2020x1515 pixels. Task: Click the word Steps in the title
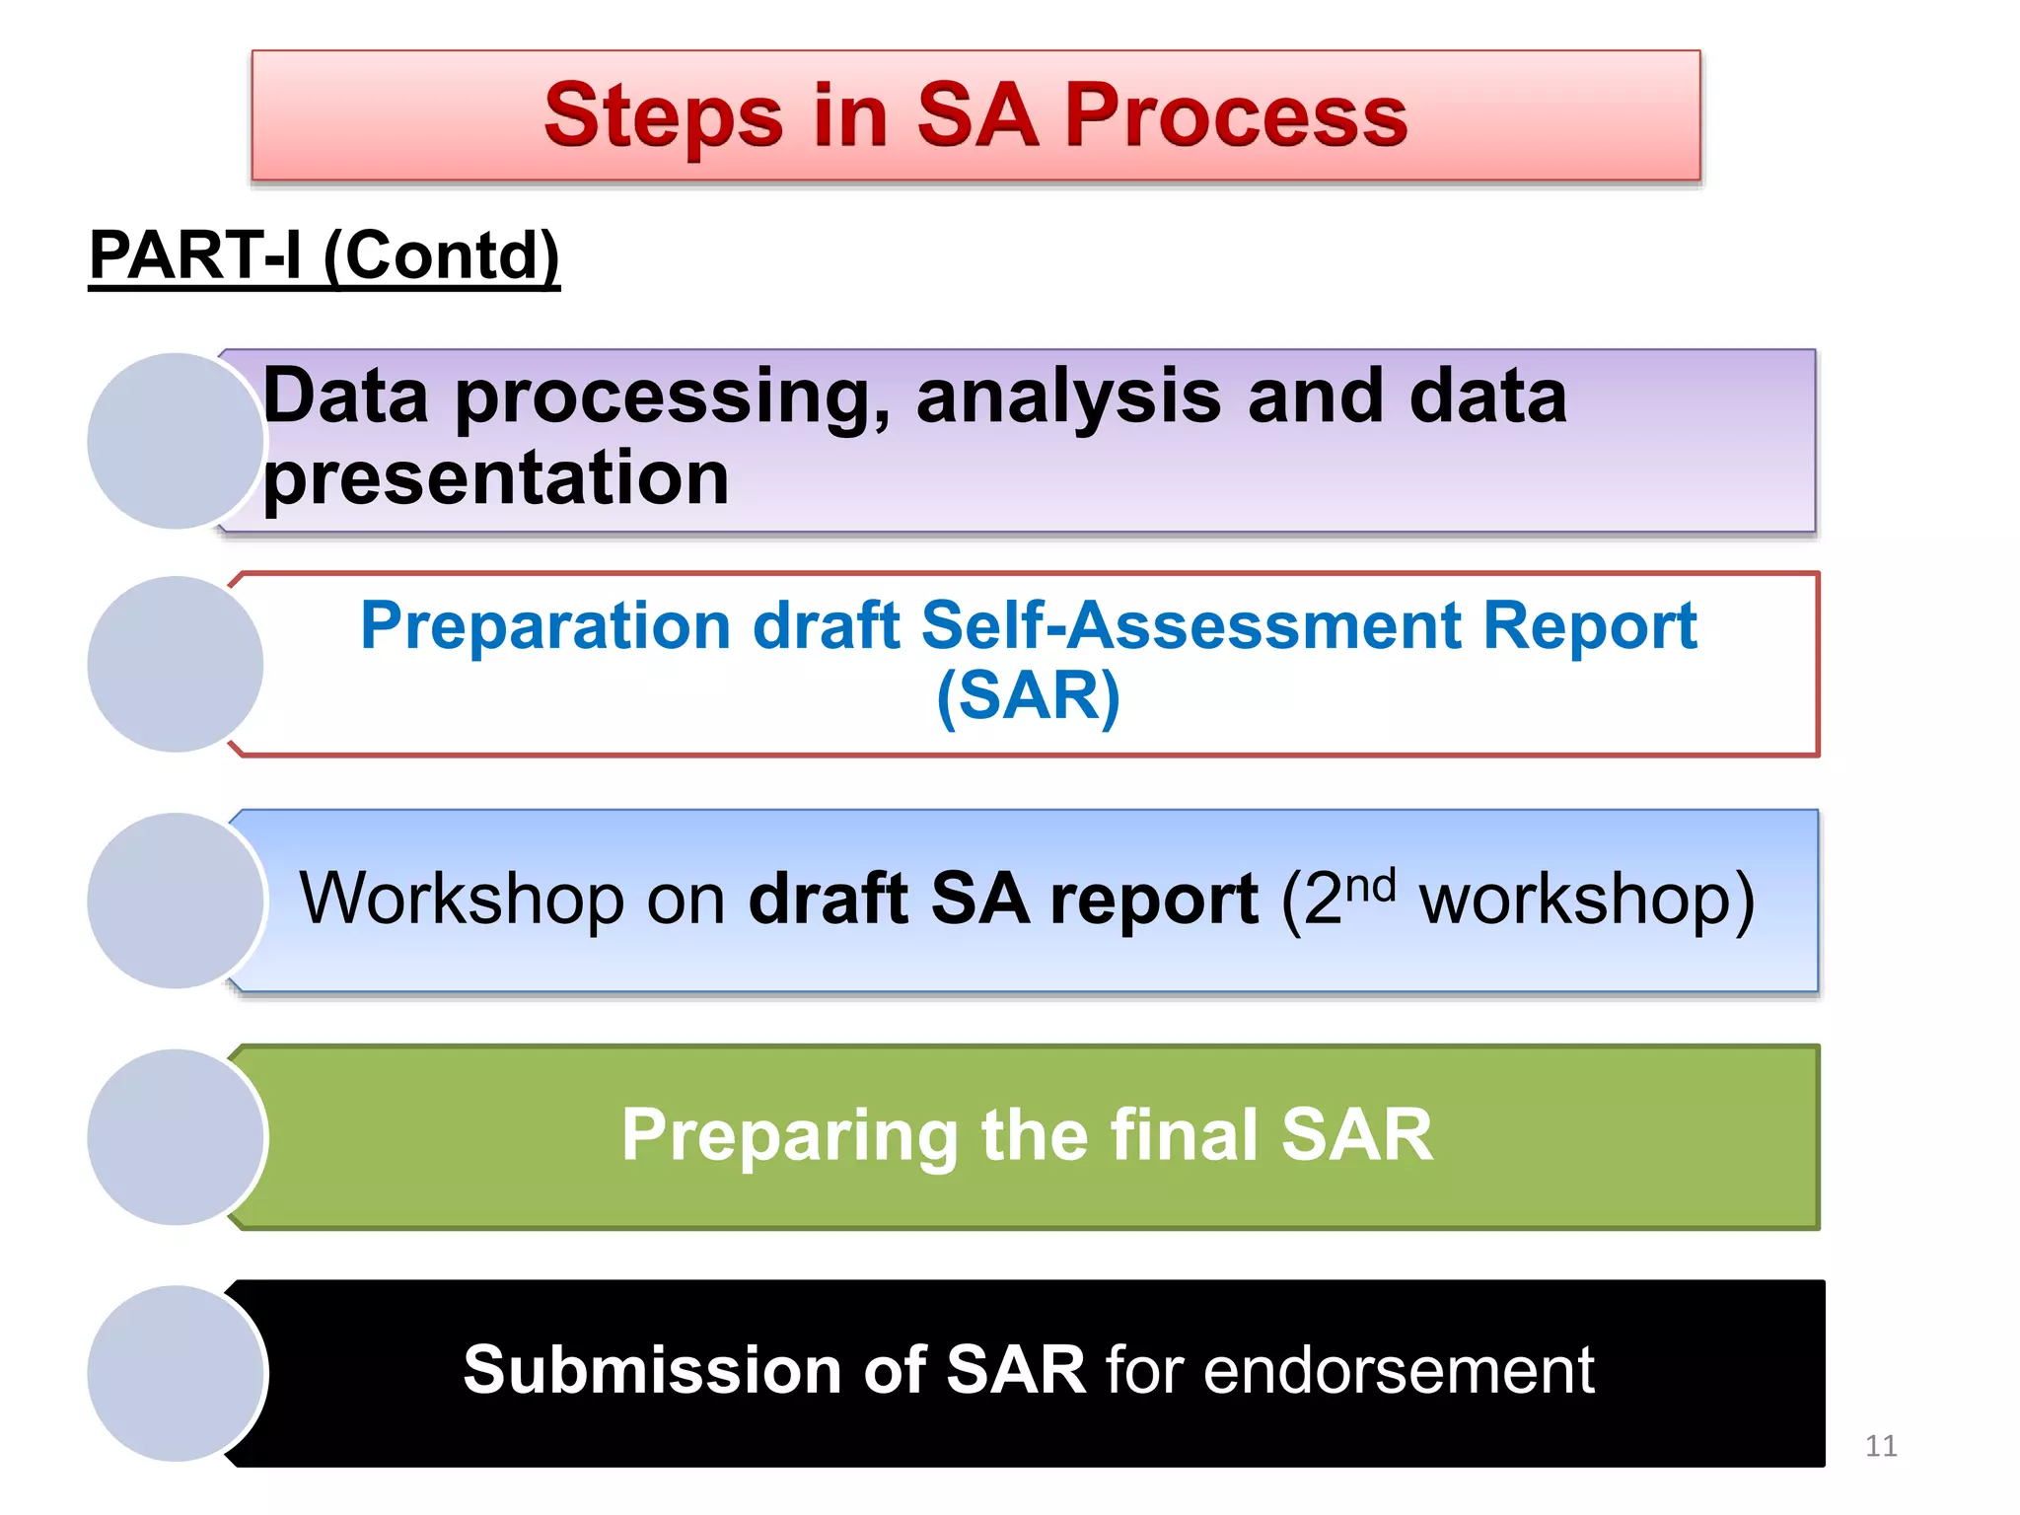(664, 116)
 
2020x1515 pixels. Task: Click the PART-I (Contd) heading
(325, 255)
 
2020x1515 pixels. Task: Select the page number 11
(1880, 1446)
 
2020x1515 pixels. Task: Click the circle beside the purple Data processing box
(175, 441)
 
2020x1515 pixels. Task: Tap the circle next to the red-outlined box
(175, 664)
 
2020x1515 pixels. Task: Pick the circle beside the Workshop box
(175, 901)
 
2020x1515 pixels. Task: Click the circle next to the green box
(175, 1136)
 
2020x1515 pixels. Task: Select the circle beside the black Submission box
(175, 1373)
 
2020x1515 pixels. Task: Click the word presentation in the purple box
(495, 479)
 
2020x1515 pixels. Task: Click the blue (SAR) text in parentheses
(1028, 696)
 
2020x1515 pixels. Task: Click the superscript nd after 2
(1371, 885)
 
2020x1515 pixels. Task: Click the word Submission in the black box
(651, 1371)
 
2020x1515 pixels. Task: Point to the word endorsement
(1398, 1371)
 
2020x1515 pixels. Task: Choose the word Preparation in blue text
(545, 627)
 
